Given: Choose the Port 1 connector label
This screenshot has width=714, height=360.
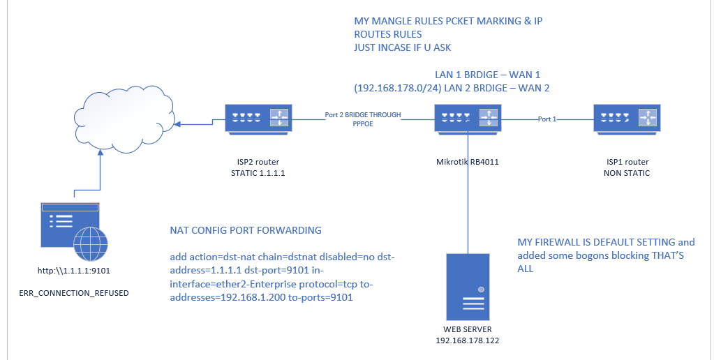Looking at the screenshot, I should click(x=548, y=119).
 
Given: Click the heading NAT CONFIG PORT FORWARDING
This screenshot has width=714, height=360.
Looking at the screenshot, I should click(x=245, y=230).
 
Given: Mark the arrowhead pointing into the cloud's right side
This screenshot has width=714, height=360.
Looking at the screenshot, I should click(x=179, y=125).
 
